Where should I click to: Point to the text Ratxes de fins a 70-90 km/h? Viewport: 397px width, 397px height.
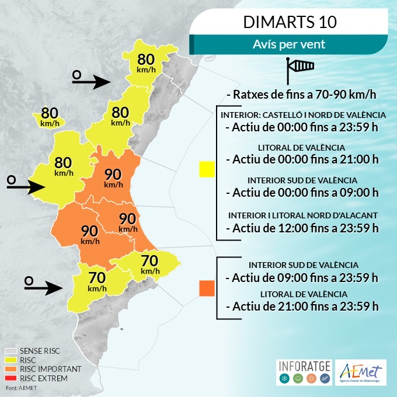[x=301, y=95]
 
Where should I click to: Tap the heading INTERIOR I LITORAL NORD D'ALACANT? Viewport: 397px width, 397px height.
[x=302, y=214]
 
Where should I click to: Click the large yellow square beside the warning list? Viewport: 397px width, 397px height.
[x=207, y=169]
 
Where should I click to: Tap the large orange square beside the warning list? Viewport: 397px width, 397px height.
[x=207, y=288]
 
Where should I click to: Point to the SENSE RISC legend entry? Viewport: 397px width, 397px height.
[x=40, y=351]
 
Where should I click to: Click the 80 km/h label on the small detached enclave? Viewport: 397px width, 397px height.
[x=50, y=116]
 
